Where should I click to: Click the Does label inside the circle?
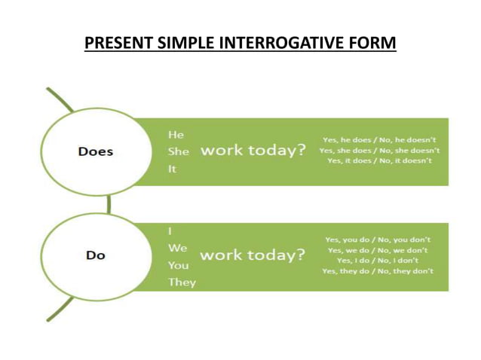[x=96, y=151]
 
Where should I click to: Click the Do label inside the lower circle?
[x=96, y=255]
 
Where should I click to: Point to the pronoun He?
[x=175, y=133]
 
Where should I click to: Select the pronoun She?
[x=178, y=151]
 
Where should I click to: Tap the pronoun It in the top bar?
[x=172, y=169]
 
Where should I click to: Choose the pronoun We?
[x=177, y=248]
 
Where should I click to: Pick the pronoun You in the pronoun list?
[x=179, y=265]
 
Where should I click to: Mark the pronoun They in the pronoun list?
[x=182, y=282]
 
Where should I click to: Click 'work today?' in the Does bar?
[x=253, y=150]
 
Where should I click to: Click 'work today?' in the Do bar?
[x=253, y=255]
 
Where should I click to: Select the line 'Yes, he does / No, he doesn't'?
[x=379, y=139]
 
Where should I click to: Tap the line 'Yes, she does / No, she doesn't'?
[x=379, y=150]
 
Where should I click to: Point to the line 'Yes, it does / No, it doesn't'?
[x=379, y=160]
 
